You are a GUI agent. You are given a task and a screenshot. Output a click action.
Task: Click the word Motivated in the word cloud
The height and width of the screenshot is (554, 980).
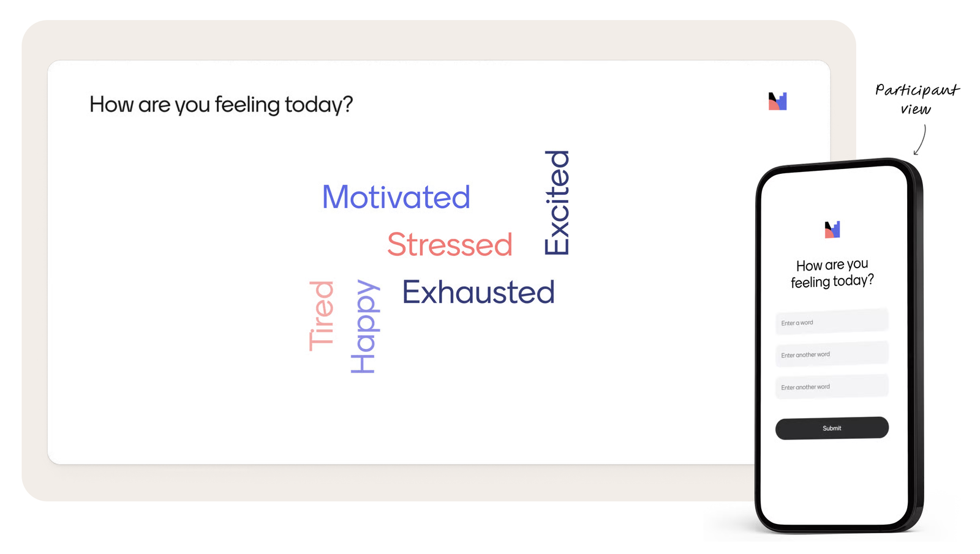[x=396, y=197]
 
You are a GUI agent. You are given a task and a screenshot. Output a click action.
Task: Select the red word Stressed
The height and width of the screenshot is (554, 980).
[x=450, y=244]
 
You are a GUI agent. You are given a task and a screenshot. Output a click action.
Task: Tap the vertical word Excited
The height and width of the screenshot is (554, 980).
[x=557, y=203]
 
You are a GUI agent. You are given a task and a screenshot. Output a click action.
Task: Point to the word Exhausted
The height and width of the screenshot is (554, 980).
[x=478, y=291]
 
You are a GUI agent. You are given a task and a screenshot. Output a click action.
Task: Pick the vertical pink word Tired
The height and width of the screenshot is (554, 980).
[x=321, y=316]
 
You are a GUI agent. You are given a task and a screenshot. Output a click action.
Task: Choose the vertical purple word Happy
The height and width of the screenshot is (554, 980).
[x=365, y=326]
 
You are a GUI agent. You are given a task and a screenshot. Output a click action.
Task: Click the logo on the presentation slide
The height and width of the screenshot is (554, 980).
[x=777, y=101]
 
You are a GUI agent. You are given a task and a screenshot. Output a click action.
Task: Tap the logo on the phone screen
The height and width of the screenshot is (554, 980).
[x=832, y=230]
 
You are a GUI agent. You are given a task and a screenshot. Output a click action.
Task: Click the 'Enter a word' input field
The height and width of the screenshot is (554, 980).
[x=832, y=322]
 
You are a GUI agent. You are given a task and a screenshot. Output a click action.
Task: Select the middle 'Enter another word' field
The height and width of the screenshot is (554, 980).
[x=832, y=354]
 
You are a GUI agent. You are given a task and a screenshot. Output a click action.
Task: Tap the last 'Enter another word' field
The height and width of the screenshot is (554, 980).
[x=832, y=386]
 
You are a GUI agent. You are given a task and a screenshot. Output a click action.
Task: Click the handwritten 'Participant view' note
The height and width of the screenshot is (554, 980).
[x=916, y=99]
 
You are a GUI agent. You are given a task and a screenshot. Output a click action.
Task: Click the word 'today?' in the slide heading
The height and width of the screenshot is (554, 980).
[x=318, y=105]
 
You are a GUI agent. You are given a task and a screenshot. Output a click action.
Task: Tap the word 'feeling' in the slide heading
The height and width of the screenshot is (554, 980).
[x=247, y=105]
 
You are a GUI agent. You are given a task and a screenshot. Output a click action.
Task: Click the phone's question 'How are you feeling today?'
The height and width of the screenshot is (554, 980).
[x=832, y=273]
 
